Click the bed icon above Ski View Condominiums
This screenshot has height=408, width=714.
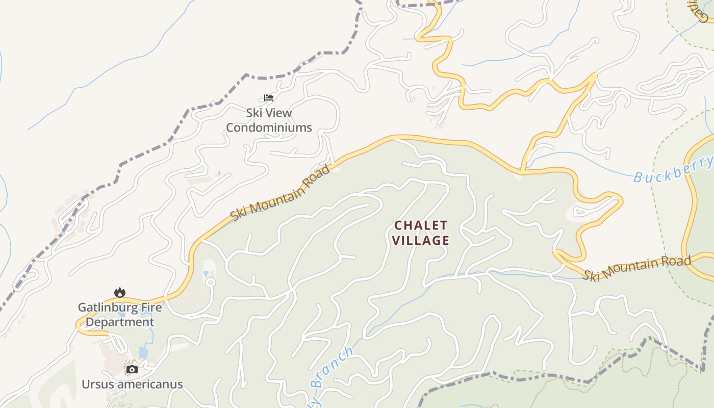[269, 97]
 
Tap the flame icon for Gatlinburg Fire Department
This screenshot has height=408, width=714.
[120, 292]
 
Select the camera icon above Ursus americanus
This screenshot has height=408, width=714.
[132, 369]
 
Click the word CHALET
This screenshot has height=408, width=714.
[421, 225]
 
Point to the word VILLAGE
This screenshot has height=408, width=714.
[421, 240]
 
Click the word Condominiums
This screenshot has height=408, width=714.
[269, 127]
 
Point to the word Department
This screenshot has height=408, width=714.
[119, 322]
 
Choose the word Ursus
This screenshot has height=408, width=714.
[98, 384]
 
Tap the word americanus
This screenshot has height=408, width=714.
[149, 384]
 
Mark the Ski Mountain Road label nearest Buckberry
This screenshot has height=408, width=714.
[637, 269]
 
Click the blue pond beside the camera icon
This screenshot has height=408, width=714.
[143, 352]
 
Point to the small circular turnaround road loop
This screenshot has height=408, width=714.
[210, 282]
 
